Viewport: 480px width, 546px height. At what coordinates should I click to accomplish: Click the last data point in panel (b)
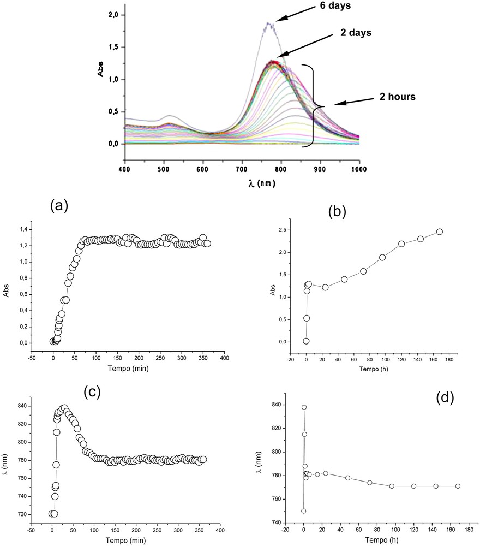tap(439, 232)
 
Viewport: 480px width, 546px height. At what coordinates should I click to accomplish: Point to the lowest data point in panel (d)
tap(303, 511)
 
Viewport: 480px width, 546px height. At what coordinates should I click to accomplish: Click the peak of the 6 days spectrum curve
tap(268, 23)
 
